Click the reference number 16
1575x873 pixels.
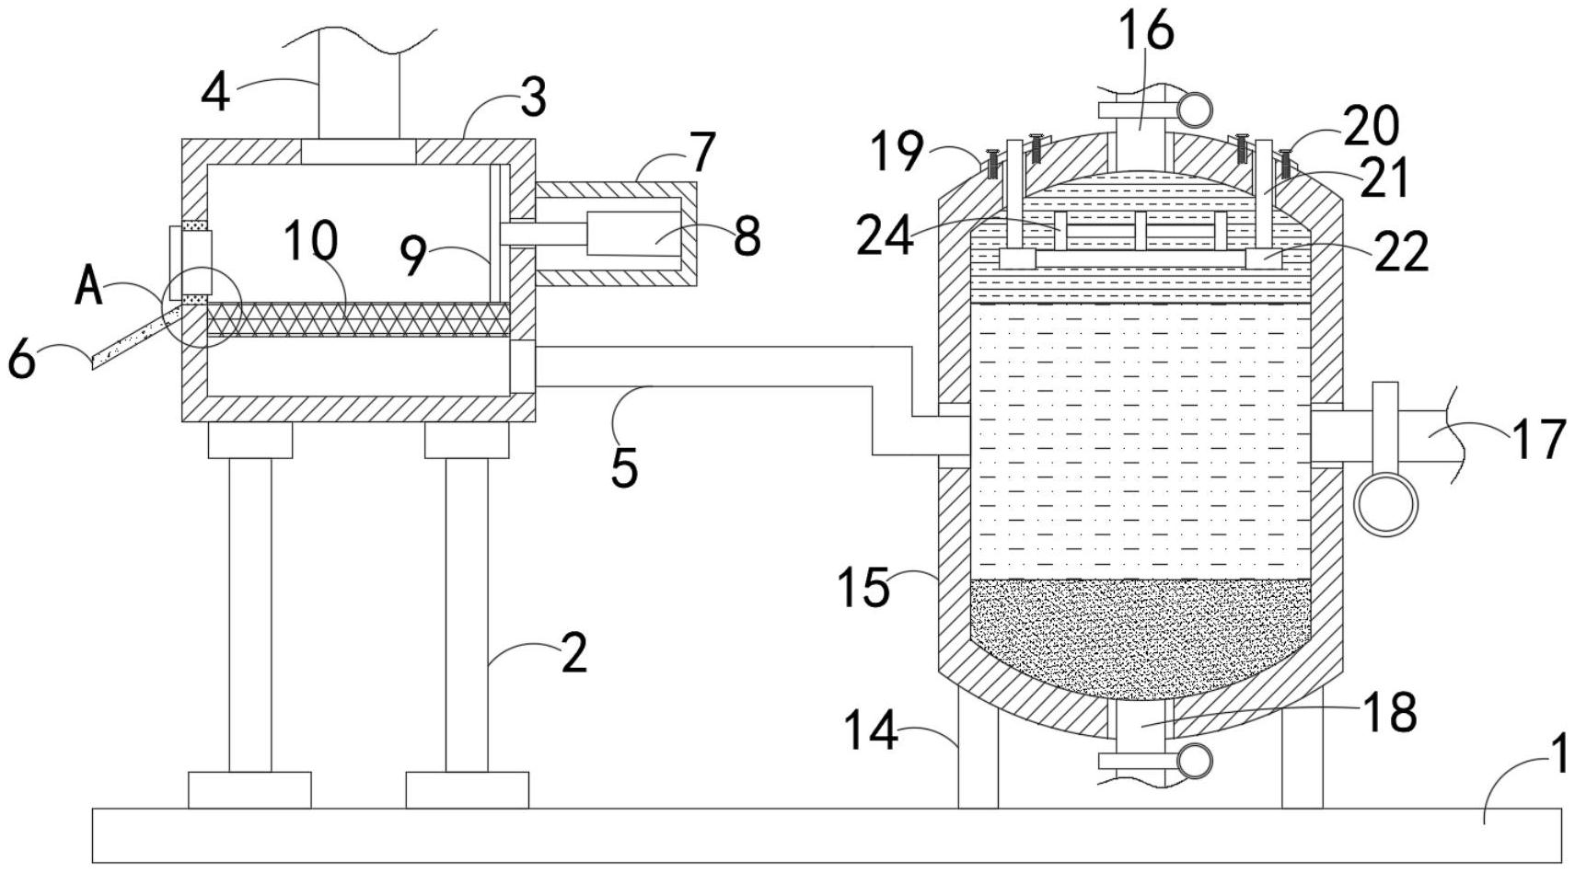1147,31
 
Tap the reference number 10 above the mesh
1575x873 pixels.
311,240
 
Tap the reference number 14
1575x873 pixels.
871,730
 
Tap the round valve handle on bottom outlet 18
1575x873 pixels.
1195,761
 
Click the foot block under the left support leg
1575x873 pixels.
249,790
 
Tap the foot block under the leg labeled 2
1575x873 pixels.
468,790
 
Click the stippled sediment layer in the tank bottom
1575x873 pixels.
1141,637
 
